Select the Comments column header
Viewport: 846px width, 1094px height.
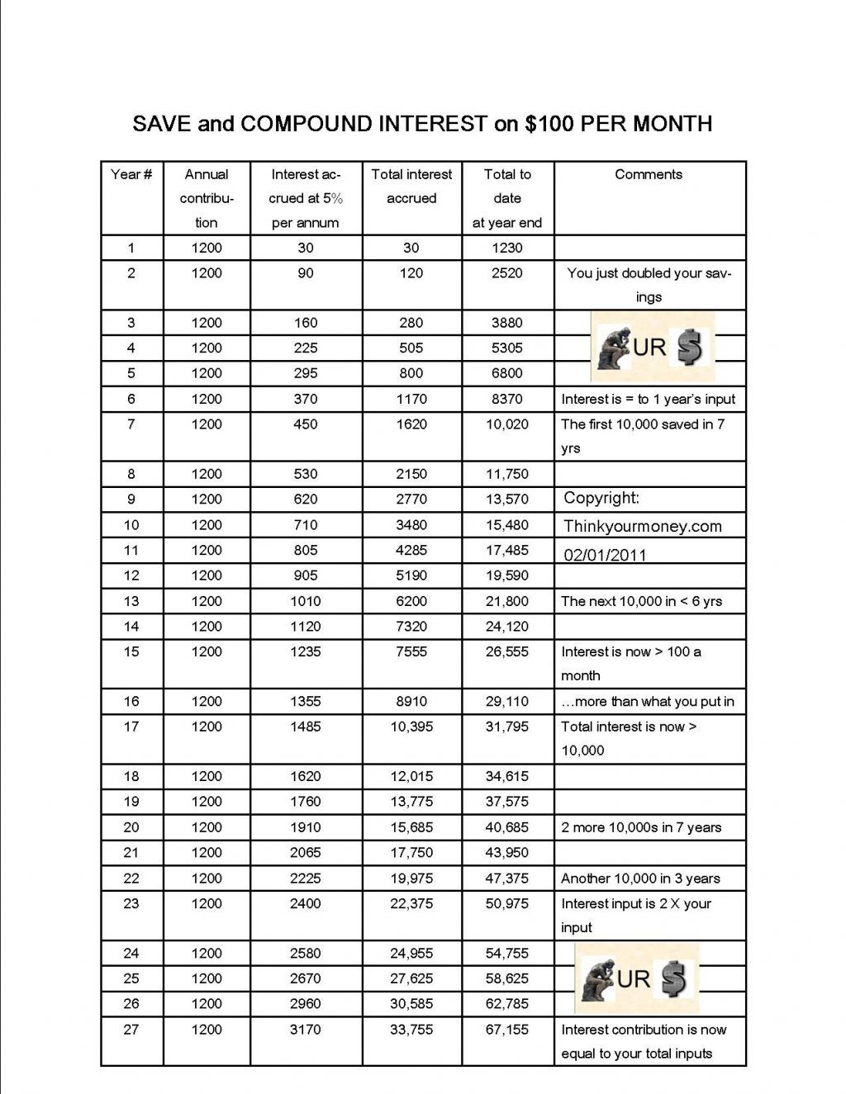click(649, 174)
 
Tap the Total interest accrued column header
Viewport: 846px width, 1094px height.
click(411, 186)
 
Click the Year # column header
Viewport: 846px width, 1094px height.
click(131, 174)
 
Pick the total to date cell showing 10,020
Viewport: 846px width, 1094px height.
click(507, 424)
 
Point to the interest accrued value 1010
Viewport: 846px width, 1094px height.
click(306, 601)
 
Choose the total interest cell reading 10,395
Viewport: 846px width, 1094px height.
click(411, 727)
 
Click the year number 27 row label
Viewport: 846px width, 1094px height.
click(131, 1030)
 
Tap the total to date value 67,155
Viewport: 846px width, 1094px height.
click(507, 1030)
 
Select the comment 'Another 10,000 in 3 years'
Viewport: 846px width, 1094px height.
click(640, 879)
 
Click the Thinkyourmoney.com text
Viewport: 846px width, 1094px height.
click(643, 526)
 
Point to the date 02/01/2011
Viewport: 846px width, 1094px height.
click(606, 555)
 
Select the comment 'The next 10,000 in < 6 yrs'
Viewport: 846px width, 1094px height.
click(641, 601)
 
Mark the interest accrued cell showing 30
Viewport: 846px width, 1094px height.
click(306, 248)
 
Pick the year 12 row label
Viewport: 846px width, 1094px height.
click(131, 575)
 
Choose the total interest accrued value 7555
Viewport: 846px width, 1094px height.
click(411, 651)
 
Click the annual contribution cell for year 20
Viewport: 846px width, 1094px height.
click(207, 827)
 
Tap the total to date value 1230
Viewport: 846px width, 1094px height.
click(507, 248)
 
